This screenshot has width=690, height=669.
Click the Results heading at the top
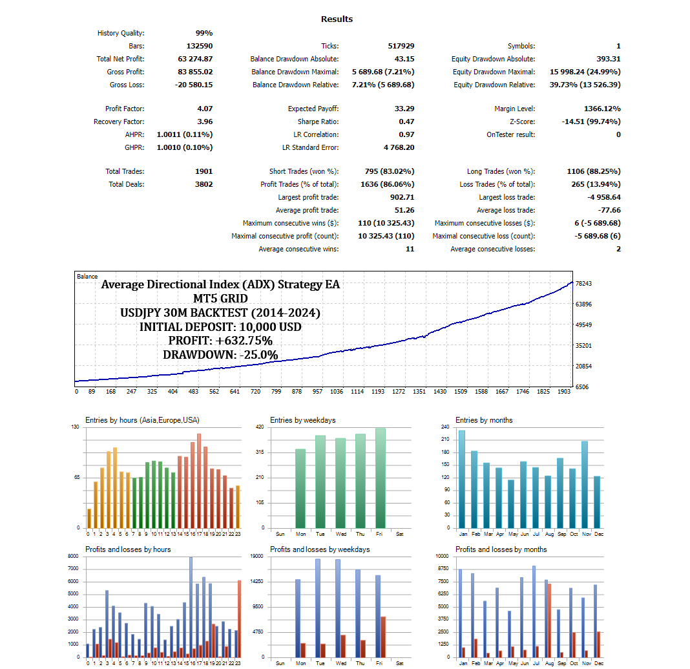point(337,19)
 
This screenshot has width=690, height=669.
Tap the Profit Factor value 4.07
point(204,109)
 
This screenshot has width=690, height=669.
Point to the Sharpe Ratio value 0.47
point(406,122)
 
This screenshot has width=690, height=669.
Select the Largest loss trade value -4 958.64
point(598,197)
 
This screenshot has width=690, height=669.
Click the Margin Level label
point(514,109)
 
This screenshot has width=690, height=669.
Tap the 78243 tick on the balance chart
point(584,284)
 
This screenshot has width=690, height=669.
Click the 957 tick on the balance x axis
point(317,391)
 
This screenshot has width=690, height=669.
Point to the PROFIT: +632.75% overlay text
point(220,341)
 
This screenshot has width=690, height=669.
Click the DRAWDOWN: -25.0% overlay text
point(220,355)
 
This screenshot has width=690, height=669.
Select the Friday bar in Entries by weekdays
point(380,478)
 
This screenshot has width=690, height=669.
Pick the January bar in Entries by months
point(461,479)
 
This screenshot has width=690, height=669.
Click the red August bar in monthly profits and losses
point(549,621)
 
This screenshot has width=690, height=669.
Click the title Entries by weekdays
point(302,420)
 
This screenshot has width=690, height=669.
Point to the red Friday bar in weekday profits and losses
point(383,637)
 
